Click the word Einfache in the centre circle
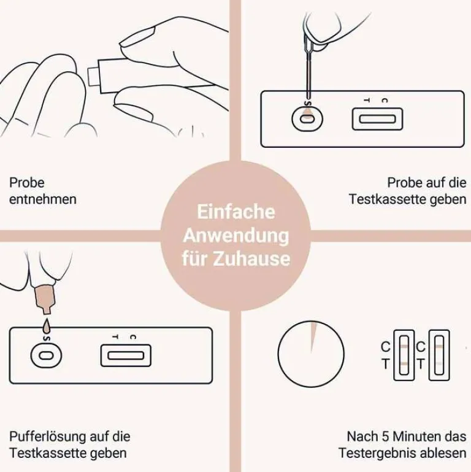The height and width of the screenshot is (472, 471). click(x=235, y=212)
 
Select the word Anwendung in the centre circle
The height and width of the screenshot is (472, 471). click(x=235, y=235)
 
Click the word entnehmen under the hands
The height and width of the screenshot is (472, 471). click(x=43, y=199)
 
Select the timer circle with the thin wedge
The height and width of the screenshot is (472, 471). click(x=311, y=354)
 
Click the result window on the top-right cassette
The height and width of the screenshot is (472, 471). click(x=377, y=118)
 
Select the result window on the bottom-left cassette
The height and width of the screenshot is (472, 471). click(x=126, y=355)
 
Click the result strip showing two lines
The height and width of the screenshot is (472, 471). click(x=404, y=355)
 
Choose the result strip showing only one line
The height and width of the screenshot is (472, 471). click(x=439, y=355)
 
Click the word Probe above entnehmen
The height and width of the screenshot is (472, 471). click(x=27, y=183)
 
